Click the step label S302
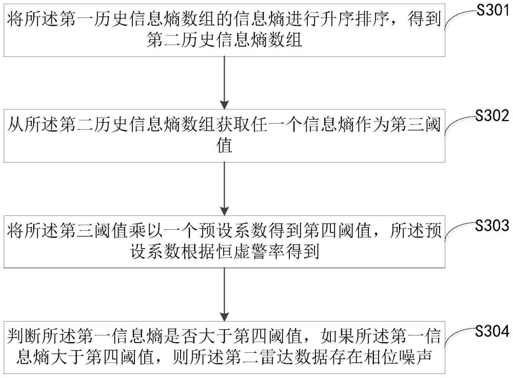[x=492, y=116]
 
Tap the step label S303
[x=492, y=225]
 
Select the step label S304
[x=492, y=331]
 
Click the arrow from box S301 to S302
[x=225, y=83]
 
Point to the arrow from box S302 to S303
[x=225, y=189]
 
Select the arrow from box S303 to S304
[x=225, y=294]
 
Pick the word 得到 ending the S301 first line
[x=424, y=19]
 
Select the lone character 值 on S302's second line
[x=225, y=146]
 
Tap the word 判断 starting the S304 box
[x=24, y=337]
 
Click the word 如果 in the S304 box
[x=338, y=337]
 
